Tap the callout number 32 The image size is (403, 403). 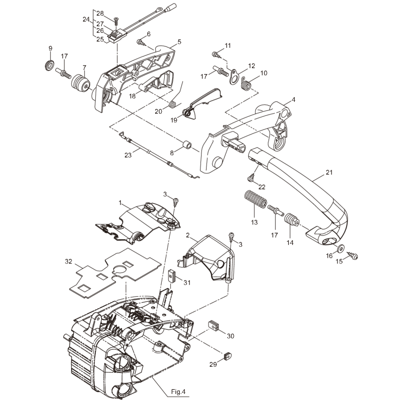pos(69,261)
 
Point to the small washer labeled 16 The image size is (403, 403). pos(341,249)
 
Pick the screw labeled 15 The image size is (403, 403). pos(353,256)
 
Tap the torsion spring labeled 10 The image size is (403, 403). pos(246,85)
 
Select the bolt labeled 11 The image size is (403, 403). pos(216,53)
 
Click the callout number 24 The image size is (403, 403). pos(86,20)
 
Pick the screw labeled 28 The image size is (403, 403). pos(116,20)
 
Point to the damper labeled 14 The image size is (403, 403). pos(292,221)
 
